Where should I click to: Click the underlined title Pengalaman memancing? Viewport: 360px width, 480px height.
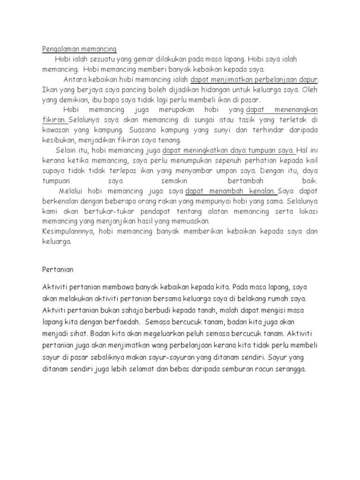pos(79,49)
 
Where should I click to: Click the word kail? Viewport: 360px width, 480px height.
pos(312,160)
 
